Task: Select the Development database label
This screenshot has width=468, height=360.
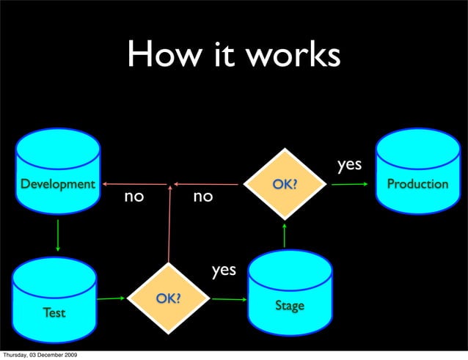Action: [x=57, y=183]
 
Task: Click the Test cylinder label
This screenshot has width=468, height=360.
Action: [x=53, y=312]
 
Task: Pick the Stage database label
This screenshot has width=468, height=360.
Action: [x=289, y=305]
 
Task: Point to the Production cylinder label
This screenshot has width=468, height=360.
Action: [x=417, y=183]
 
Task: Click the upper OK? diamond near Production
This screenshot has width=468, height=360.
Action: [x=285, y=184]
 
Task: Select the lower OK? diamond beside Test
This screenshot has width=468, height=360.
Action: [x=168, y=298]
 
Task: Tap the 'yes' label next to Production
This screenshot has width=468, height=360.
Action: [x=349, y=164]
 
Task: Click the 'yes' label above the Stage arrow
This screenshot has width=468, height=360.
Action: [x=224, y=270]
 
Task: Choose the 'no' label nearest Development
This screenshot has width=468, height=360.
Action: [x=133, y=196]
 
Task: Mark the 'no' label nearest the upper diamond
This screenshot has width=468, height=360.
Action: [x=202, y=196]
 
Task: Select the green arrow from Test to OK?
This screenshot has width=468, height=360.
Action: [x=111, y=298]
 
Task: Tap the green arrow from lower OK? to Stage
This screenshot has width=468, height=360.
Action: [x=228, y=299]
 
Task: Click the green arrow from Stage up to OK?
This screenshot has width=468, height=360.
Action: [x=285, y=235]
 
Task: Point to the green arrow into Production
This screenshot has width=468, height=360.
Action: [x=348, y=184]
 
